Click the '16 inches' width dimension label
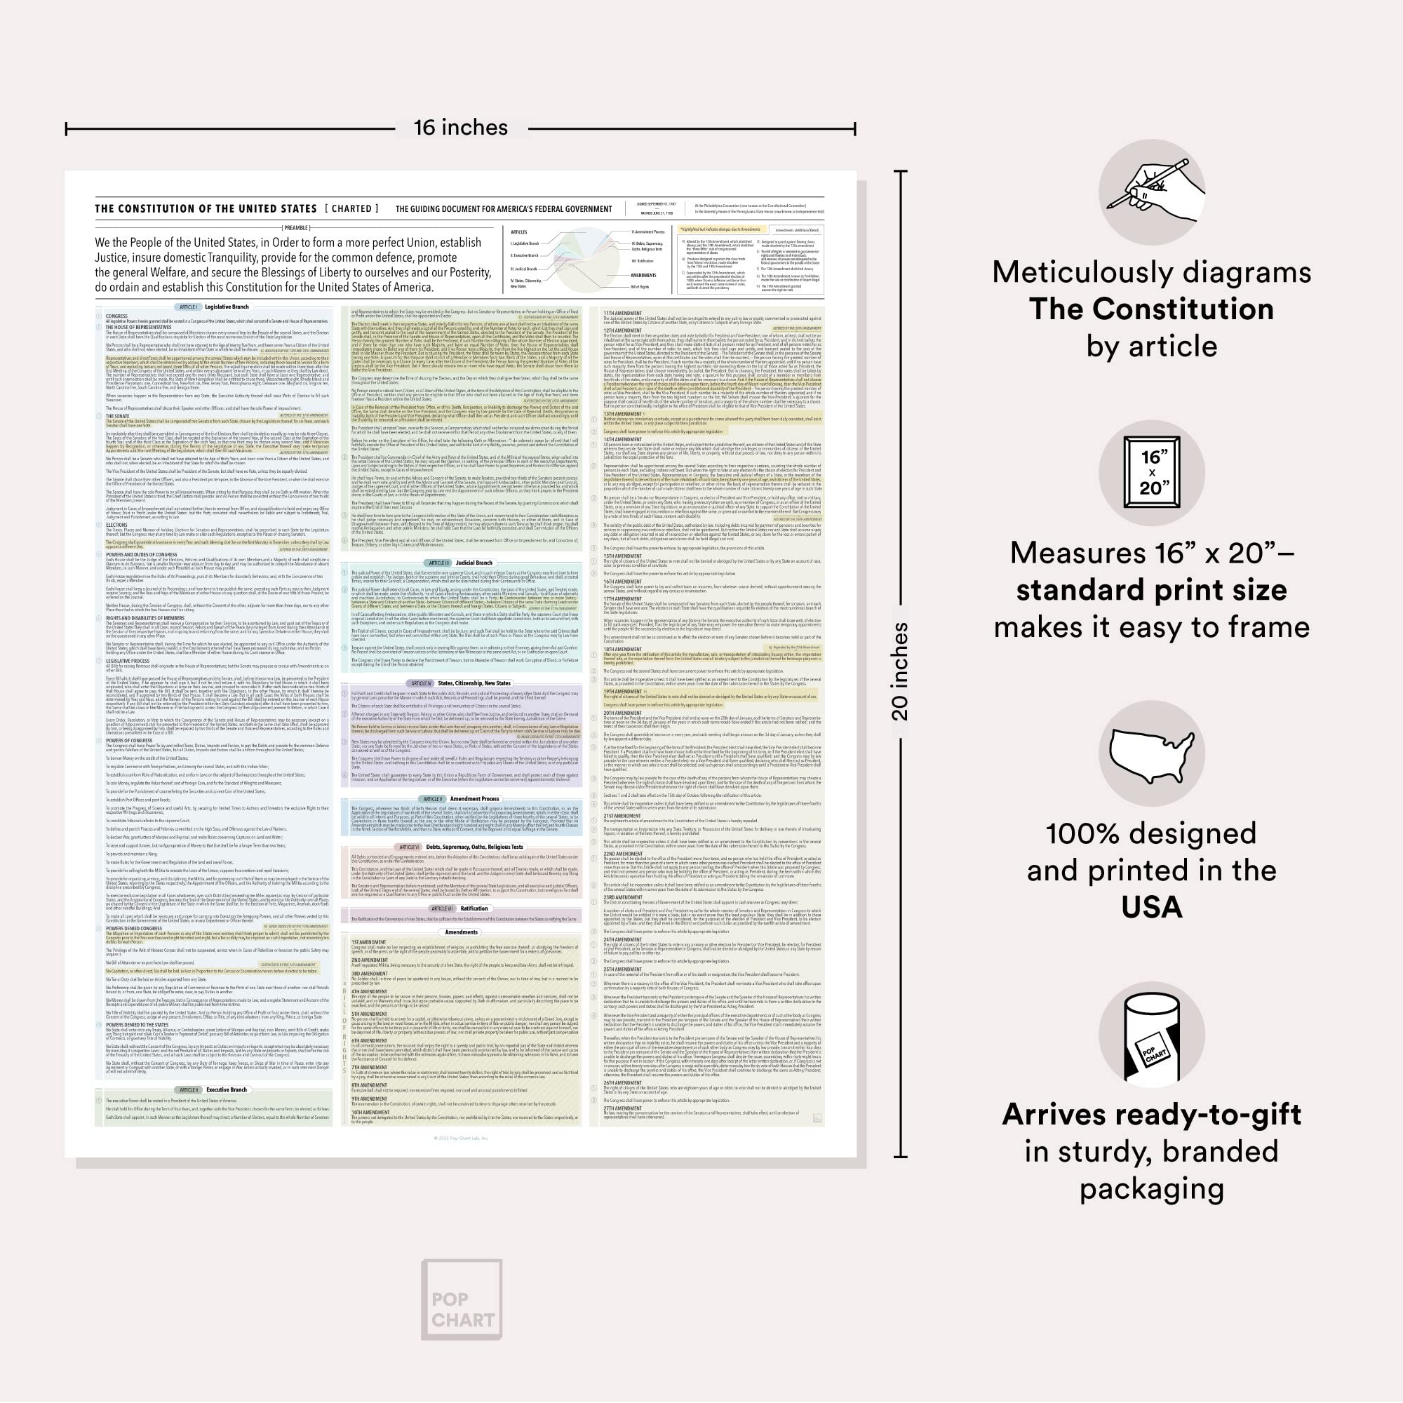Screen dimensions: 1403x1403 460,128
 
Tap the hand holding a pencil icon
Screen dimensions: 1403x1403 1152,192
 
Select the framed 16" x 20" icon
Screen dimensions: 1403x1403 1152,473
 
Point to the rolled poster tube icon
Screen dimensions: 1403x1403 1152,1034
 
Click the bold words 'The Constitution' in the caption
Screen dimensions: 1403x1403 1152,309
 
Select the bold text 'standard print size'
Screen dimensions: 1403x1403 1152,590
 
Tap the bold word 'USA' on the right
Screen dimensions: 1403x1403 1152,908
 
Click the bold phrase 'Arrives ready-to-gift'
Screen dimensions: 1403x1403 1152,1115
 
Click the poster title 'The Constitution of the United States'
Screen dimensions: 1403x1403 206,209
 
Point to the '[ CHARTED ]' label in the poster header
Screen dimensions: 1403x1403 351,209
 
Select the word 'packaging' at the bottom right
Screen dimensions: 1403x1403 1152,1189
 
